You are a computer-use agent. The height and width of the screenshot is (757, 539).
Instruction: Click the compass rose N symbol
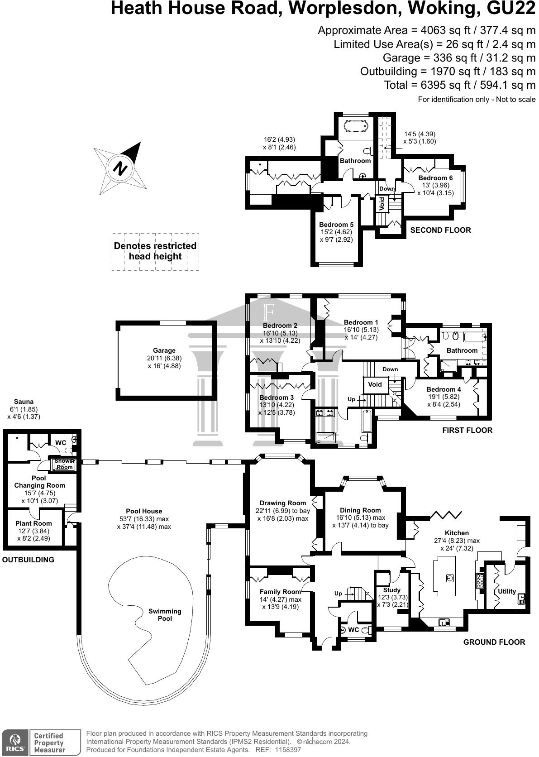pyautogui.click(x=120, y=168)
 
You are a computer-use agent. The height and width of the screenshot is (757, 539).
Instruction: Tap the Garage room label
pyautogui.click(x=164, y=350)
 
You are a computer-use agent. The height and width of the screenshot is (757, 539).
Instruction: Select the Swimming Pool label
pyautogui.click(x=165, y=614)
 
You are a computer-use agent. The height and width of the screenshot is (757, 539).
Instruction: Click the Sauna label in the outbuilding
pyautogui.click(x=24, y=402)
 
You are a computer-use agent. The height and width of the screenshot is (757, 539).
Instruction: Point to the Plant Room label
pyautogui.click(x=33, y=523)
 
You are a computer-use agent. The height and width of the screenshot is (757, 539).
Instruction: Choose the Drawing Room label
pyautogui.click(x=283, y=503)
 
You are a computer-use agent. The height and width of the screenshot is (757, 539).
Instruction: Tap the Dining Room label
pyautogui.click(x=360, y=510)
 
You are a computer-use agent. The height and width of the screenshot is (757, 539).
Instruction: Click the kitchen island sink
pyautogui.click(x=450, y=578)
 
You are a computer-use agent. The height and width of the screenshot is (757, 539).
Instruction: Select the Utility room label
pyautogui.click(x=507, y=591)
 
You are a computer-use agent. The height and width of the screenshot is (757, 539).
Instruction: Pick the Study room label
pyautogui.click(x=391, y=590)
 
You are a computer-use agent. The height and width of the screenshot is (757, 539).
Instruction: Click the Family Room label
pyautogui.click(x=280, y=592)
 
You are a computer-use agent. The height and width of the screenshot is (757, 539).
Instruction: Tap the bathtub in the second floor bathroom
pyautogui.click(x=355, y=127)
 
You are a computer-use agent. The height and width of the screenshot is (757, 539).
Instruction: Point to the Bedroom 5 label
pyautogui.click(x=336, y=225)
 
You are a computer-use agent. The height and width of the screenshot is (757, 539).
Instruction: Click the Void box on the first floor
pyautogui.click(x=375, y=384)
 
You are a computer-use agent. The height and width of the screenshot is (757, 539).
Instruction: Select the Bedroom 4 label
pyautogui.click(x=444, y=389)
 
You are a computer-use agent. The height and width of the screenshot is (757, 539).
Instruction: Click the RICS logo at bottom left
pyautogui.click(x=14, y=743)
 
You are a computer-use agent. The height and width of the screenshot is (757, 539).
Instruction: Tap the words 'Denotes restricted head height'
pyautogui.click(x=155, y=251)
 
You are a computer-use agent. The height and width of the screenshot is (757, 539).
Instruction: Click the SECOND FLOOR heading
pyautogui.click(x=440, y=230)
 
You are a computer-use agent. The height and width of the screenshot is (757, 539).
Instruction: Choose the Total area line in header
pyautogui.click(x=459, y=85)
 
